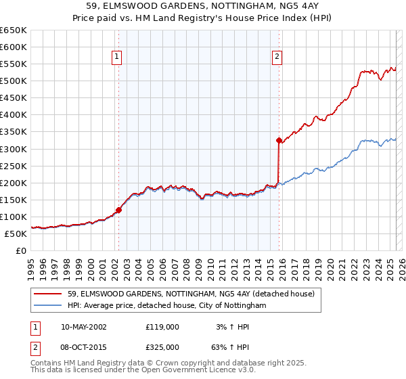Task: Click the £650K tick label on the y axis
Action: (14, 30)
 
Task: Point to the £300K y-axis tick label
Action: (14, 149)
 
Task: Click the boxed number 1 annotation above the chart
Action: (118, 58)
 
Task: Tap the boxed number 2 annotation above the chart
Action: (277, 58)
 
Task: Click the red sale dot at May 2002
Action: (118, 210)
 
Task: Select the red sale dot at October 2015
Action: (278, 141)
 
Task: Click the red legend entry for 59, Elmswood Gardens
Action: (191, 294)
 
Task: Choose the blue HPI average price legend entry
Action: (167, 306)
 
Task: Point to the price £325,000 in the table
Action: (162, 347)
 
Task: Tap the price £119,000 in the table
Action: (162, 327)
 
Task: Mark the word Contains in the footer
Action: (45, 364)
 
